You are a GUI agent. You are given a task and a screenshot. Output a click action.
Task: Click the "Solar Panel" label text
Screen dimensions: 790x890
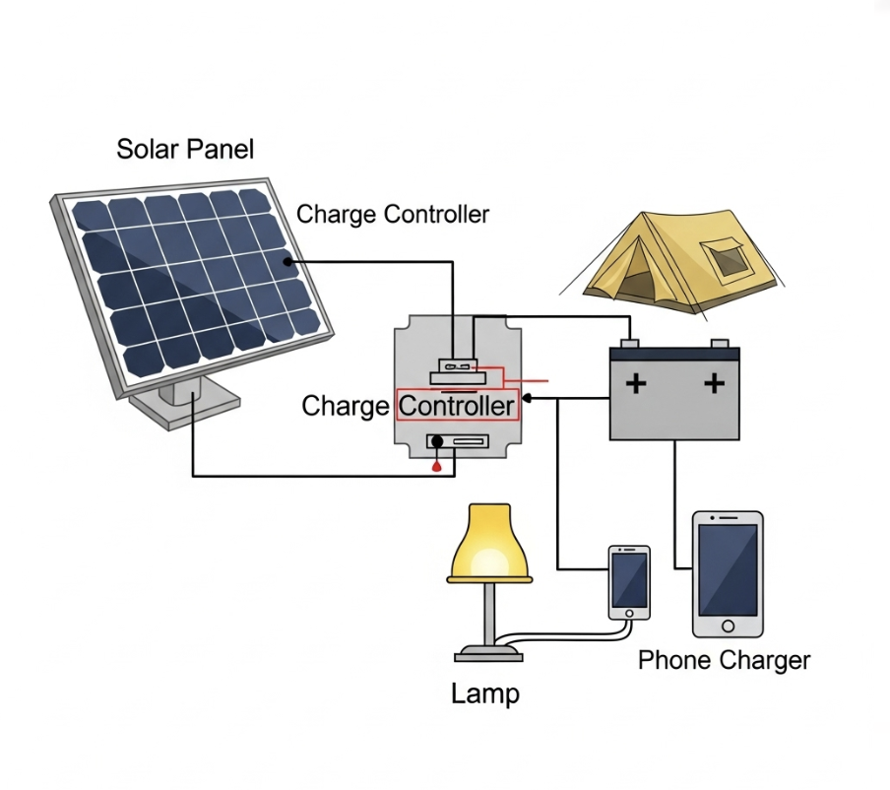(185, 150)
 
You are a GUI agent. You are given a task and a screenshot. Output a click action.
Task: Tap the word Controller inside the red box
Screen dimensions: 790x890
(458, 406)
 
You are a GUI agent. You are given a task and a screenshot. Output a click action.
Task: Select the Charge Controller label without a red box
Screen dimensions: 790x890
(393, 214)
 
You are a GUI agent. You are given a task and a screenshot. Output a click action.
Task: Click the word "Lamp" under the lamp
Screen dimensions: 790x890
(484, 693)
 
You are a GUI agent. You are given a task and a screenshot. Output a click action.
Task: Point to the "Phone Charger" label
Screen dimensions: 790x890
(724, 660)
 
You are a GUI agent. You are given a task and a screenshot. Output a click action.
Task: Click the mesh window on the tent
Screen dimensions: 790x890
(730, 261)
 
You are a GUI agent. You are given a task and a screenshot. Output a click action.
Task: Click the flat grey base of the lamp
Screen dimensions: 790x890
(488, 651)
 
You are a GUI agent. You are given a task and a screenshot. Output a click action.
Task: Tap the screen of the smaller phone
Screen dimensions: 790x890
(629, 579)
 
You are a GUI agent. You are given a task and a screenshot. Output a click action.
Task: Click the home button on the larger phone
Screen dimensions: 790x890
(728, 625)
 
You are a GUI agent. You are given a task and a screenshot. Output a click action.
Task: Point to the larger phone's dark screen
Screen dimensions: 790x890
(728, 569)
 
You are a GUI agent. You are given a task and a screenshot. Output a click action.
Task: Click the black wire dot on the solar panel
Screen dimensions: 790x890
(288, 262)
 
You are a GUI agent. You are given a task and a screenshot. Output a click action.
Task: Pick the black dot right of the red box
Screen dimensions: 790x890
(528, 398)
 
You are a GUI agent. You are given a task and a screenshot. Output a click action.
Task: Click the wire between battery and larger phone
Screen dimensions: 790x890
(674, 502)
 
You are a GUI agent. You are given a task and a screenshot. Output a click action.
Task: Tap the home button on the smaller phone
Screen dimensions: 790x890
(629, 613)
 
